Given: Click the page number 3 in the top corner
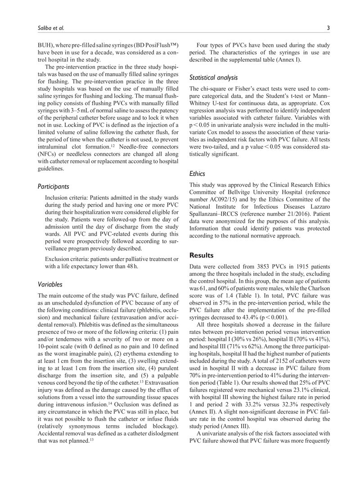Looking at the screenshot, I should [x=328, y=28].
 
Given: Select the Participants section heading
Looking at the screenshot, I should [x=53, y=186].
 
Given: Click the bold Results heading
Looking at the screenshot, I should [x=202, y=255].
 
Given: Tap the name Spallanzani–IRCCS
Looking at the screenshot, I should [x=216, y=214].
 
